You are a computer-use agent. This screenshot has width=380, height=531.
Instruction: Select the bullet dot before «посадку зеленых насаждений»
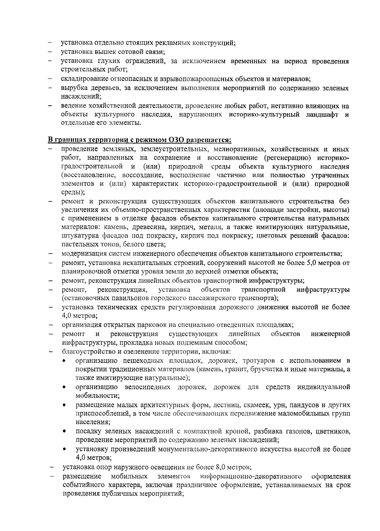(65, 431)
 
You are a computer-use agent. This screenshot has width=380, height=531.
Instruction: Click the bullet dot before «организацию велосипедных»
(65, 387)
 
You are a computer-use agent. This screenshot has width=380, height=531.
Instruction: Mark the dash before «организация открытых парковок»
(50, 325)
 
